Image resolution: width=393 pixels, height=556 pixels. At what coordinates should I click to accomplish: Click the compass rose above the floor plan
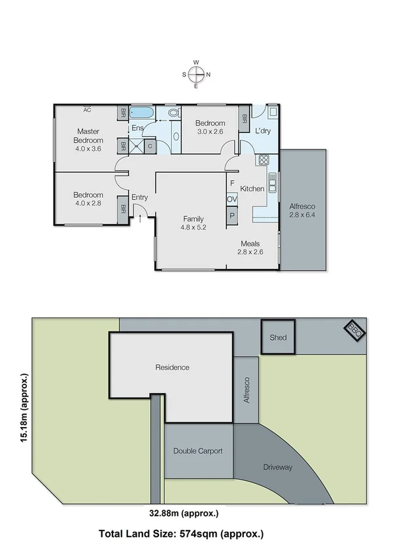click(196, 74)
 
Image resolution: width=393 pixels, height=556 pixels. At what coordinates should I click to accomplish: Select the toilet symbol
click(174, 113)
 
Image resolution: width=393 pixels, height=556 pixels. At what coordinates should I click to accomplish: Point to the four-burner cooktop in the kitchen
click(264, 159)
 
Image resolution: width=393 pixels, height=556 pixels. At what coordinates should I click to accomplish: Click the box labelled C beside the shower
click(150, 146)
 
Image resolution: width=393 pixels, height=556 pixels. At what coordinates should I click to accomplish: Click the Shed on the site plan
click(278, 337)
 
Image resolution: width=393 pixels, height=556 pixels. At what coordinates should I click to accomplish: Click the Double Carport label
click(198, 451)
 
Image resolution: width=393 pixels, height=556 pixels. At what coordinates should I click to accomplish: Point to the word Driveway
click(278, 467)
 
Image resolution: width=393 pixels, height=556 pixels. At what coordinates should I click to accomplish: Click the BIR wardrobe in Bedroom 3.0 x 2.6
click(245, 119)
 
